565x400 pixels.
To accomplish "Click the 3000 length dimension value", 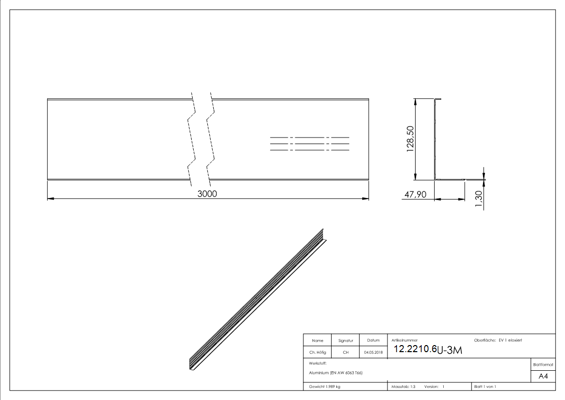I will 207,194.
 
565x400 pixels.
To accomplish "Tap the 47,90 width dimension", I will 415,194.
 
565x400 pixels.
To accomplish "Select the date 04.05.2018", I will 373,353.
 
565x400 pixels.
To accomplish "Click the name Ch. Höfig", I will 317,353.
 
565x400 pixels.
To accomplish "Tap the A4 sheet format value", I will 543,376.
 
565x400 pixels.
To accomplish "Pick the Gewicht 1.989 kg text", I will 325,386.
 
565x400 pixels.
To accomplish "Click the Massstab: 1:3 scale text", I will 403,386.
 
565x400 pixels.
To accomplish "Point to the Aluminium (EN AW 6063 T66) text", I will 336,373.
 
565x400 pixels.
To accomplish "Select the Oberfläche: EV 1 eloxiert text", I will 498,340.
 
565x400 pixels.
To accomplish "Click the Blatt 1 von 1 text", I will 485,386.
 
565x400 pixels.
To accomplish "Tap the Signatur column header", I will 346,341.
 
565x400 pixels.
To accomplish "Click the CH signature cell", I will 346,353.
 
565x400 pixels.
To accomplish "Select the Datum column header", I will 373,341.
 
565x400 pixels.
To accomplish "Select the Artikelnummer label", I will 404,340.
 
